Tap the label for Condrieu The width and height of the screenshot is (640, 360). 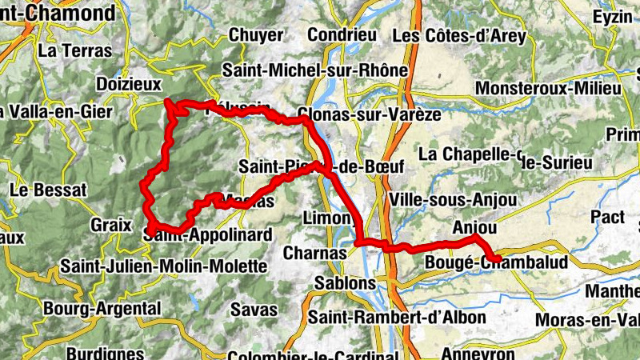pos(342,35)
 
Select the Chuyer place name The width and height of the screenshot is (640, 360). pos(256,35)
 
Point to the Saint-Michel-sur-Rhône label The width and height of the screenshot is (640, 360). pos(315,70)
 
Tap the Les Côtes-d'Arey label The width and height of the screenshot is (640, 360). pos(460,36)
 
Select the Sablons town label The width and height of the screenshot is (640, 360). pos(345,283)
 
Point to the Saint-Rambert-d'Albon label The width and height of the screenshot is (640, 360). pos(397,317)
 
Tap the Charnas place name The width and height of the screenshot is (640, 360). pos(315,253)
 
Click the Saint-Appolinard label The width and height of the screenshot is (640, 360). pos(209,235)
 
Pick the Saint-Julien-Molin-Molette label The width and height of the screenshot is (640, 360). pos(163,266)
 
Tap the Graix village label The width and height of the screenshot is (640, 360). pos(110,225)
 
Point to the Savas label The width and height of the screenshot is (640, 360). pos(254,309)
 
